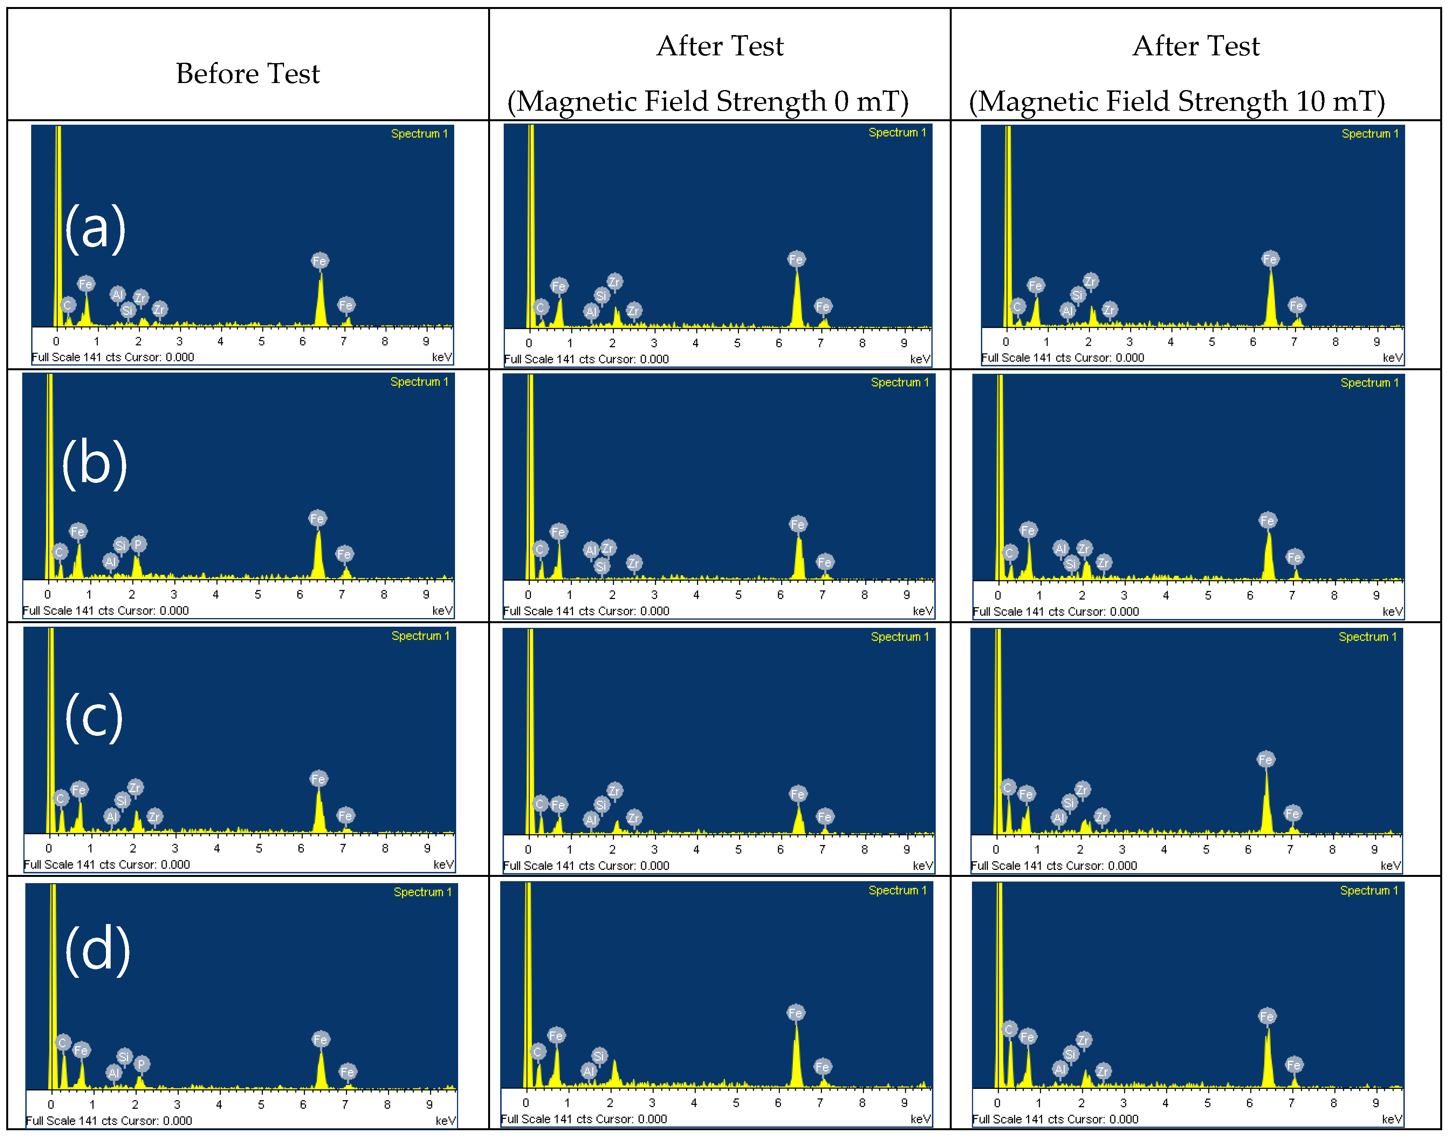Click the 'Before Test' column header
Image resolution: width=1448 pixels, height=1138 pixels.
click(248, 73)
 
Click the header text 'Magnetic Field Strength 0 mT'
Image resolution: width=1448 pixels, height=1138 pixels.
click(707, 101)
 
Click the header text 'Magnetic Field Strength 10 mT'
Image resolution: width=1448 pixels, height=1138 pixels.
click(1177, 101)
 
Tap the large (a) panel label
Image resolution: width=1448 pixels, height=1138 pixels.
click(95, 228)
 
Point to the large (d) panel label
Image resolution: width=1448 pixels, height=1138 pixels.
click(97, 951)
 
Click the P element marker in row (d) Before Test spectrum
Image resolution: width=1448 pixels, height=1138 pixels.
click(141, 1064)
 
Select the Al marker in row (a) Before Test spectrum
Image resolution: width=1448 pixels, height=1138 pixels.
click(118, 295)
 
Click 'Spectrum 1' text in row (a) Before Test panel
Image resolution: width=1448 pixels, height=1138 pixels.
click(419, 134)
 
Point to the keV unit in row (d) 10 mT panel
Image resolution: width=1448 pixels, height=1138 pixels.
click(1392, 1119)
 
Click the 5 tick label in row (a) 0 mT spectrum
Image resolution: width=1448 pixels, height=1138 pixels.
click(737, 343)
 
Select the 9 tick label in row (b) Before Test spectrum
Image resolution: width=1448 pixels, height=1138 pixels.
click(426, 594)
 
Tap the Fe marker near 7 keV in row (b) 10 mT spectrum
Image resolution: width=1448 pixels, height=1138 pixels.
click(1294, 557)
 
